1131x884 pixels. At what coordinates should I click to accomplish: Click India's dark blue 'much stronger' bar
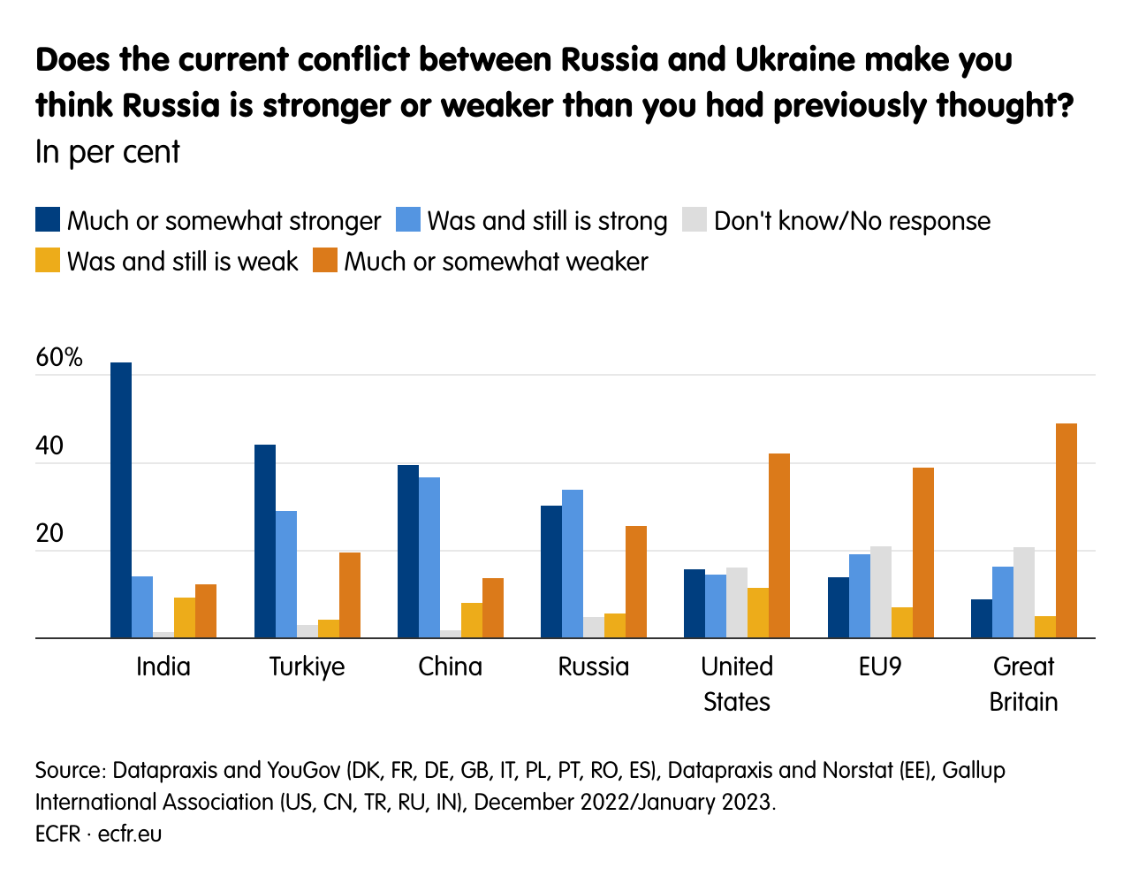(x=121, y=499)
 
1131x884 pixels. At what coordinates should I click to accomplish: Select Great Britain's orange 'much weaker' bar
(x=1066, y=530)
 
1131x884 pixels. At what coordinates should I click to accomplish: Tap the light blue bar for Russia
(x=573, y=563)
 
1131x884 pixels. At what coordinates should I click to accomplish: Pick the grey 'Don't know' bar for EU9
(x=881, y=591)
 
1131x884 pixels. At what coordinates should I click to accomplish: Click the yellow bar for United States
(x=758, y=612)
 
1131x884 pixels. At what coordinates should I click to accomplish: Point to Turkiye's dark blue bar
(x=265, y=541)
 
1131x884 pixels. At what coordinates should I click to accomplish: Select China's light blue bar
(x=429, y=557)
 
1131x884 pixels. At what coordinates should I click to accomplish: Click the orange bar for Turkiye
(x=350, y=594)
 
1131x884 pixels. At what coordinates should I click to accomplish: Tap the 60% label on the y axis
(x=59, y=358)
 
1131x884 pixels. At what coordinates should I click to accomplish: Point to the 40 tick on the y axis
(x=49, y=446)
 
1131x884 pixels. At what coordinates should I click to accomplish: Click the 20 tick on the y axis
(x=49, y=533)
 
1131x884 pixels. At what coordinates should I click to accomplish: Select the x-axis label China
(x=451, y=667)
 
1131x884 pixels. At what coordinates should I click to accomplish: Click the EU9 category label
(x=880, y=667)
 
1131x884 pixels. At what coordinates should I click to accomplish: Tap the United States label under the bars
(x=737, y=683)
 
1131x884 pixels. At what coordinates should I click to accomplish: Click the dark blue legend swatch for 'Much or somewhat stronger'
(x=48, y=220)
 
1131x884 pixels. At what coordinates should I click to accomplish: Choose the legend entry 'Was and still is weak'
(x=182, y=262)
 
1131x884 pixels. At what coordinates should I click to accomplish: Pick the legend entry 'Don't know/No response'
(x=852, y=221)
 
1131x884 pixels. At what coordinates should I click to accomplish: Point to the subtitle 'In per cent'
(x=108, y=152)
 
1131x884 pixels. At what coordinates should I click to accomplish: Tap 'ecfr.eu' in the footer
(x=130, y=834)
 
